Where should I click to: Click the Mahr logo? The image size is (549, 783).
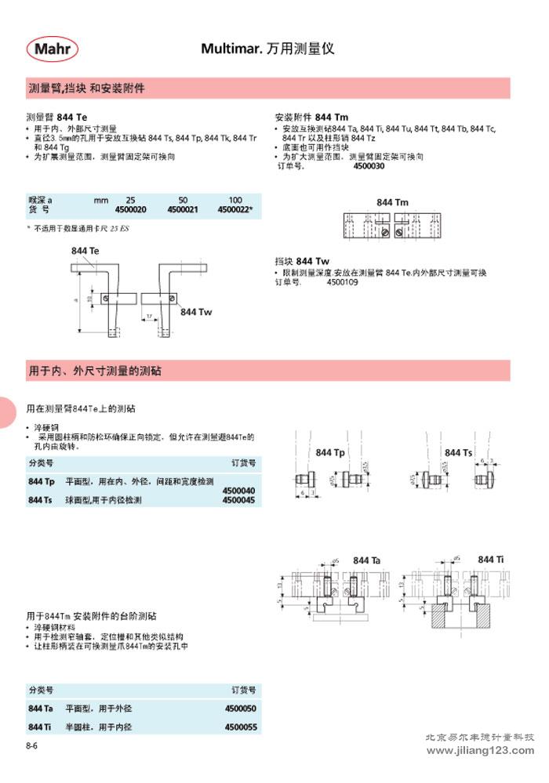tap(56, 49)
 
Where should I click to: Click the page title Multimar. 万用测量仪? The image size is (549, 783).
tap(267, 49)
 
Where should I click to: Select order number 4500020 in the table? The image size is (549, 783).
tap(131, 210)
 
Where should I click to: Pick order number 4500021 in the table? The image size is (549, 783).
tap(183, 210)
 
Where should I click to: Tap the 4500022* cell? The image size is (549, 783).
tap(235, 210)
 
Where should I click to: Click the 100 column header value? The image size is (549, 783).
tap(235, 201)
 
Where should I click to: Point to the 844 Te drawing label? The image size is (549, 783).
tap(85, 250)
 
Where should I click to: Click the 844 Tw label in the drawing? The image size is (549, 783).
tap(196, 311)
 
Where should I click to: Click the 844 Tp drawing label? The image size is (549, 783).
tap(330, 453)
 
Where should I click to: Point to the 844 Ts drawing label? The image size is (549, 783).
tap(458, 453)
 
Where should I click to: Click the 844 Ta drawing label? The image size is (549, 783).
tap(366, 560)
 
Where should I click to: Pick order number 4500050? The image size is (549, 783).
tap(240, 708)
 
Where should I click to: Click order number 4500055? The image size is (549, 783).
tap(240, 727)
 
